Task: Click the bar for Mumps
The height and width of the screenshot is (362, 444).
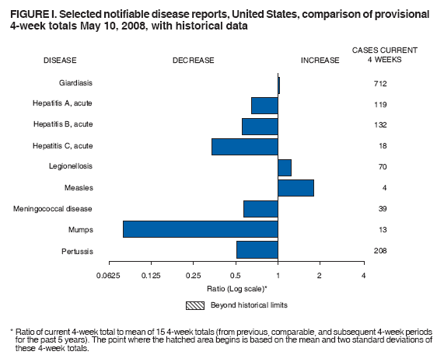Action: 200,229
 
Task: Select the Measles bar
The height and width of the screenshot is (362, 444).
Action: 295,188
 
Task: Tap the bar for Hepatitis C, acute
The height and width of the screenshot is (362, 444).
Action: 244,146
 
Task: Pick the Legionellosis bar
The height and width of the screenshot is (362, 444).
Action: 285,167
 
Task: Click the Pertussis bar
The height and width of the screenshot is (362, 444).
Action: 257,250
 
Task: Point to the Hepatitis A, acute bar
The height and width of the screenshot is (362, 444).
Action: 264,104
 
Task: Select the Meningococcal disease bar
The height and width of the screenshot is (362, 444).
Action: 260,209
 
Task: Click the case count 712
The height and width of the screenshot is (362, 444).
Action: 379,83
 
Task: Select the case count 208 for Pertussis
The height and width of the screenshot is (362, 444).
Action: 379,250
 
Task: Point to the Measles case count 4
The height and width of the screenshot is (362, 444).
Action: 379,188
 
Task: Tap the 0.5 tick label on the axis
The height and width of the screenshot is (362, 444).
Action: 235,276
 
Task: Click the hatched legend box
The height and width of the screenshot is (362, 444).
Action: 194,305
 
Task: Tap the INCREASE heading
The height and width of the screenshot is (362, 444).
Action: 320,60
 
